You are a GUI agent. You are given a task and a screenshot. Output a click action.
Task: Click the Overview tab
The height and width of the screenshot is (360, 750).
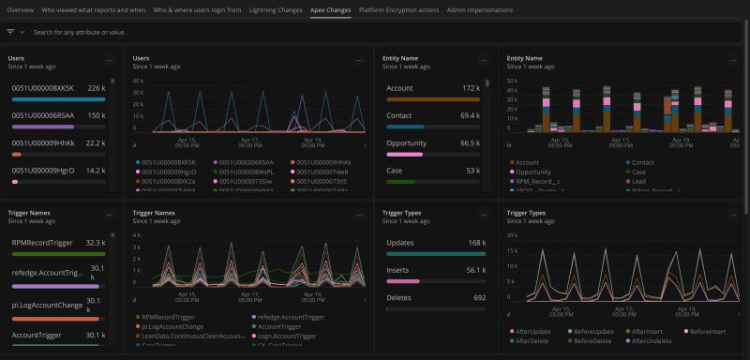click(x=21, y=9)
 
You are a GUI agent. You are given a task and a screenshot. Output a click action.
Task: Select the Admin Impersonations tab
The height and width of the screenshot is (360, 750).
click(x=480, y=9)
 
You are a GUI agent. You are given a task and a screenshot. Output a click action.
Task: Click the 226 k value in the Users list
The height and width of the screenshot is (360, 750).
click(x=96, y=88)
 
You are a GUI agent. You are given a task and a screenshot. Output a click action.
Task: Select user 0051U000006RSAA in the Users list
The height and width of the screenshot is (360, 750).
click(x=42, y=115)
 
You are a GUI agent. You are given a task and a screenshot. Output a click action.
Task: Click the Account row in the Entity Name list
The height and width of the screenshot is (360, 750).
click(x=401, y=88)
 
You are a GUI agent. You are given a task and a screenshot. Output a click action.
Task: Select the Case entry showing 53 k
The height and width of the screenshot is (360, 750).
click(x=396, y=171)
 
